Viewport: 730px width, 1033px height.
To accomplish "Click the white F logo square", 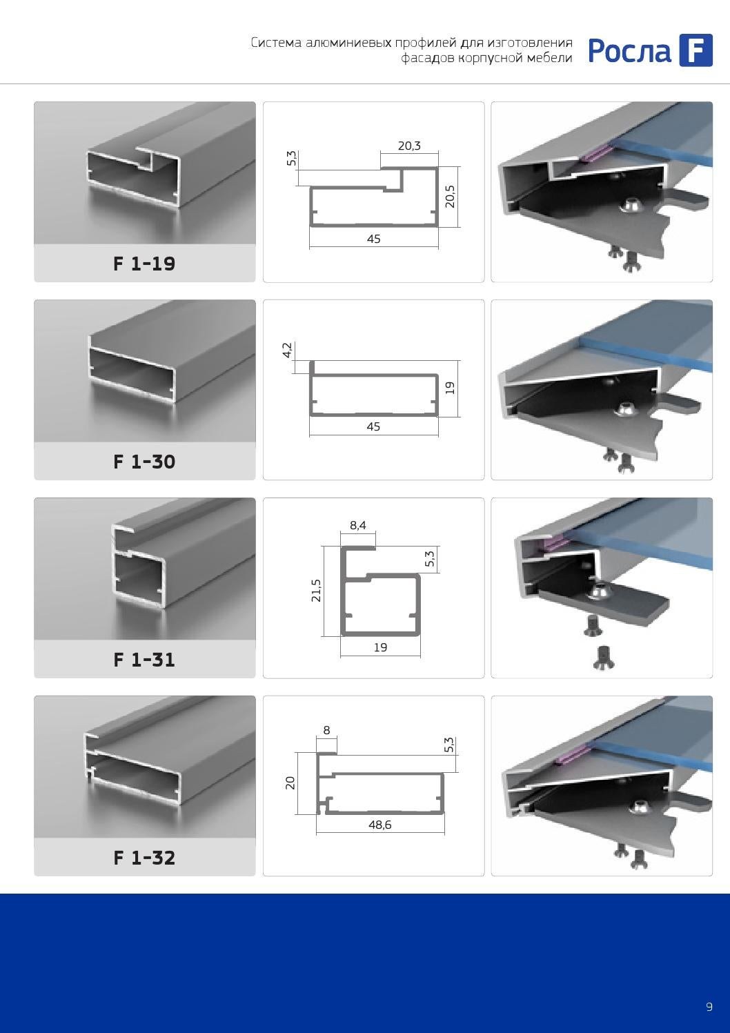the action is pyautogui.click(x=696, y=50).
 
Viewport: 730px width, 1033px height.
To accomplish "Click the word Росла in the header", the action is pyautogui.click(x=629, y=51).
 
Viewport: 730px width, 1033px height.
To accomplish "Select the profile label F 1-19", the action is pyautogui.click(x=144, y=264).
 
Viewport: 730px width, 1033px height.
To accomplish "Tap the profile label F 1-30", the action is pyautogui.click(x=144, y=462).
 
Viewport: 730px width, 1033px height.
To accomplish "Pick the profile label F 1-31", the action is pyautogui.click(x=144, y=660).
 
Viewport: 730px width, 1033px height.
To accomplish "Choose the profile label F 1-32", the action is pyautogui.click(x=144, y=858).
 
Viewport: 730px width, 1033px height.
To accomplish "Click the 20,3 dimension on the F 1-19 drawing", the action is pyautogui.click(x=409, y=146).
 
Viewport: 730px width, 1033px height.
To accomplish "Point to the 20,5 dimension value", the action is pyautogui.click(x=450, y=197).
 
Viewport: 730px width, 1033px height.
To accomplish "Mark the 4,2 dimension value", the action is pyautogui.click(x=287, y=350).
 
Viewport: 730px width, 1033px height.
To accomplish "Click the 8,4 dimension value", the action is pyautogui.click(x=358, y=525).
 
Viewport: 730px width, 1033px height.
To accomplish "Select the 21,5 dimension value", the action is pyautogui.click(x=316, y=591).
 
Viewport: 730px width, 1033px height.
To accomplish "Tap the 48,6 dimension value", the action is pyautogui.click(x=380, y=825).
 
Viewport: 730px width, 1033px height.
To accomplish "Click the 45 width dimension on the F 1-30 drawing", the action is pyautogui.click(x=373, y=426).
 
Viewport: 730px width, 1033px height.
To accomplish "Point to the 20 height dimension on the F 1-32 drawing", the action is pyautogui.click(x=290, y=783).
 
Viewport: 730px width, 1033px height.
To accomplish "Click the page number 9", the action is pyautogui.click(x=709, y=1007).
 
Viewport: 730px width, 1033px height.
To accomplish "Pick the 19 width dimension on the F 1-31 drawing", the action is pyautogui.click(x=380, y=647).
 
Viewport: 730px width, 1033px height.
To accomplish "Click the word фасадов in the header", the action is pyautogui.click(x=428, y=59).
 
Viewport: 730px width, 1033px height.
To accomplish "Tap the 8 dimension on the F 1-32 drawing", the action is pyautogui.click(x=326, y=730).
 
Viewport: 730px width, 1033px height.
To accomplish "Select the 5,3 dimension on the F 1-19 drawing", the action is pyautogui.click(x=292, y=159).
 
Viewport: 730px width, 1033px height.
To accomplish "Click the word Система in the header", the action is pyautogui.click(x=276, y=43).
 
